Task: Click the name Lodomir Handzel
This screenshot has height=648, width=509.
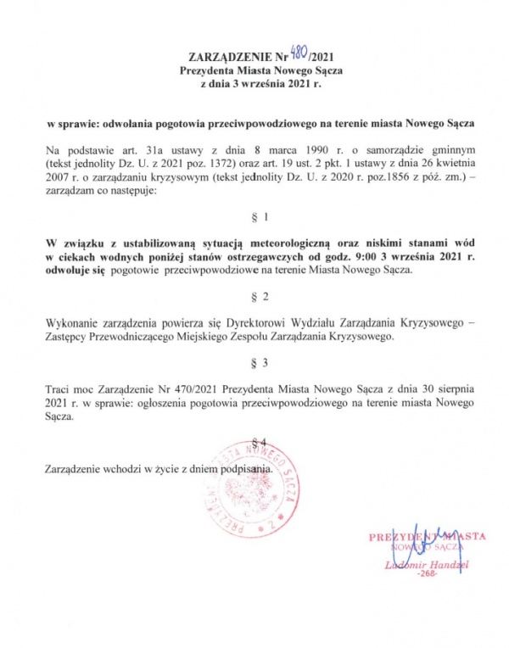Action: pyautogui.click(x=422, y=564)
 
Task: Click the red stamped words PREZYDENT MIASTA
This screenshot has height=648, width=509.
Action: pyautogui.click(x=426, y=537)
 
